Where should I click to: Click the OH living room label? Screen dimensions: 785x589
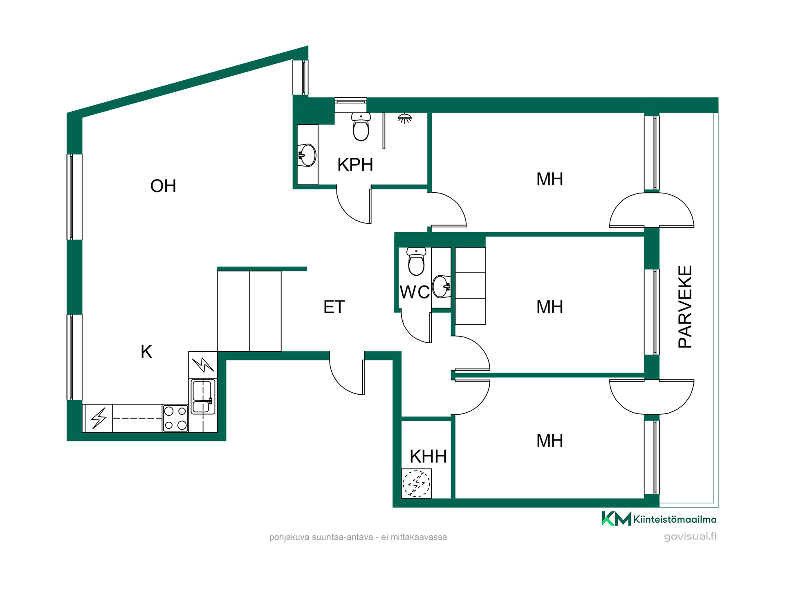pos(163,186)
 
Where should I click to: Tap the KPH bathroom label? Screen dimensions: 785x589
pos(355,165)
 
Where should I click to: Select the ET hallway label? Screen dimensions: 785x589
pos(334,307)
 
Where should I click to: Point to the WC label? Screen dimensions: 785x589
pos(415,292)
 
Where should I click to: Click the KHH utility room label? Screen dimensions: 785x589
pos(428,456)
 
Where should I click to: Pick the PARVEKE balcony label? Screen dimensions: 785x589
pos(685,307)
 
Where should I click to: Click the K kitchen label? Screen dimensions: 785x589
pos(146,352)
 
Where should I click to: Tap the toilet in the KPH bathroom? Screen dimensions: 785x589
pos(361,127)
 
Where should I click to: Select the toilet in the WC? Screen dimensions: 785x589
pos(416,261)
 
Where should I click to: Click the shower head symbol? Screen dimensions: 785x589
pos(405,119)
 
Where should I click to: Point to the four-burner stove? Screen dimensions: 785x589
pos(175,418)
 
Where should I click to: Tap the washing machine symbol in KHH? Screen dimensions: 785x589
pos(416,483)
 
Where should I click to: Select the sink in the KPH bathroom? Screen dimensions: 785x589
pos(307,155)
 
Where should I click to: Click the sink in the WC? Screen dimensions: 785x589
pos(442,286)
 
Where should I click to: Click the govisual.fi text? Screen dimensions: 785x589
pos(690,537)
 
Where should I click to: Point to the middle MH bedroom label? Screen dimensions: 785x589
pos(549,307)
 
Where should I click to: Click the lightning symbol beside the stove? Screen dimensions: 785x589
pos(99,418)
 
